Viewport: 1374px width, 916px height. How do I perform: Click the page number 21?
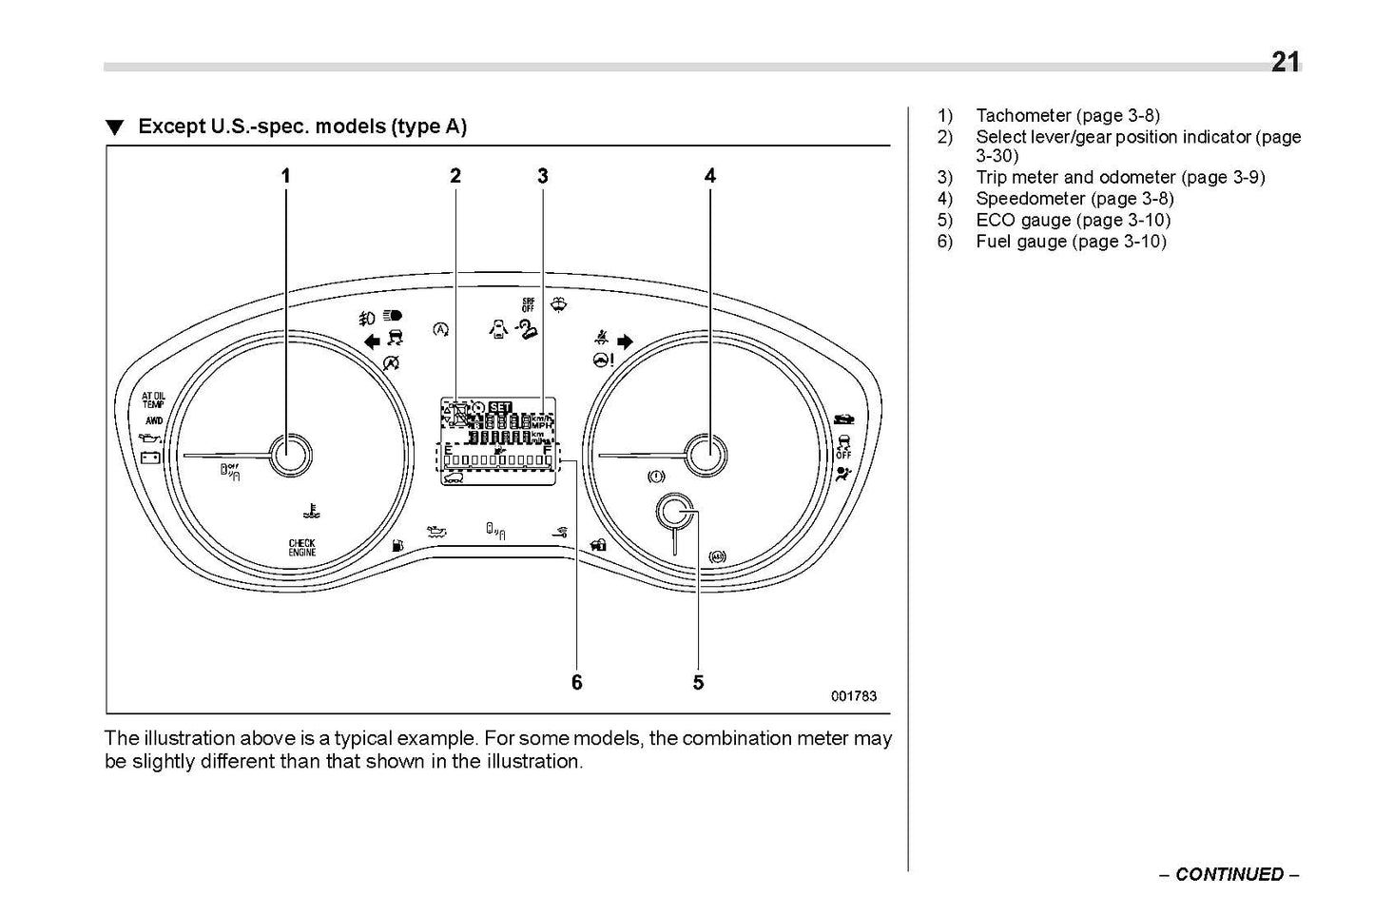point(1285,62)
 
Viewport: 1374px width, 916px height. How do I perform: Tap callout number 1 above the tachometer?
point(285,175)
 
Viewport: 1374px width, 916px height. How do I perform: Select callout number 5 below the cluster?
point(698,682)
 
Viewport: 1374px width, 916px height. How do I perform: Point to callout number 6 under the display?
point(576,682)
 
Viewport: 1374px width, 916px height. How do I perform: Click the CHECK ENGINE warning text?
point(302,547)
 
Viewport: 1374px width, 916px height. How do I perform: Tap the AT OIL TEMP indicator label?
point(153,400)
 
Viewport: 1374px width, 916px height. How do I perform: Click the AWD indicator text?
point(153,419)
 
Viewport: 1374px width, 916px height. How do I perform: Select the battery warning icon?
point(150,457)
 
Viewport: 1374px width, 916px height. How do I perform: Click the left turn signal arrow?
point(371,340)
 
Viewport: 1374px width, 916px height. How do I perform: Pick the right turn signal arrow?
point(625,340)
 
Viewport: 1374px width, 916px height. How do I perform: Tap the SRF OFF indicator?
point(528,304)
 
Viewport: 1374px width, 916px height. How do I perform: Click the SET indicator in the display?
point(500,407)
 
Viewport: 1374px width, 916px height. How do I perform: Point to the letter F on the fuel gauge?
point(547,450)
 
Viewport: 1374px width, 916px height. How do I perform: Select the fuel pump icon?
point(397,545)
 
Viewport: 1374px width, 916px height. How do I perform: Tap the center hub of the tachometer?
point(290,456)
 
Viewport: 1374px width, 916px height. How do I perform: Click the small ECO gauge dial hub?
point(675,514)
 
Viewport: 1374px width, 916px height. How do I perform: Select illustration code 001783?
point(853,695)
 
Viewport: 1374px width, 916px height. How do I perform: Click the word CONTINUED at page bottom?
point(1229,874)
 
